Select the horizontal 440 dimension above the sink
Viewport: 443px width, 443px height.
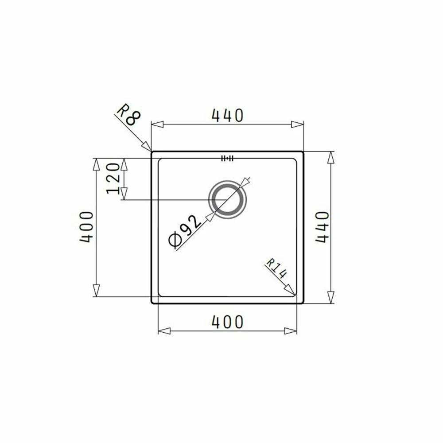click(228, 115)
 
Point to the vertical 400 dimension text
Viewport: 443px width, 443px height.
click(86, 226)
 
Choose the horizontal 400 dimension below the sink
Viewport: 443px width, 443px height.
click(227, 322)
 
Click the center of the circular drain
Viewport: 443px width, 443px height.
click(227, 200)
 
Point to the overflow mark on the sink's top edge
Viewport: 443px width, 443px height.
click(227, 158)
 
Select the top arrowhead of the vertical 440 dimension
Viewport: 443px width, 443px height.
click(330, 157)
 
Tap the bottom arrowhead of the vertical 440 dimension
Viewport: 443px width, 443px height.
click(330, 297)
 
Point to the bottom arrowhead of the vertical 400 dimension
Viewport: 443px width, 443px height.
click(96, 291)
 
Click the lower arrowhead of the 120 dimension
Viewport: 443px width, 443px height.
click(124, 194)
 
